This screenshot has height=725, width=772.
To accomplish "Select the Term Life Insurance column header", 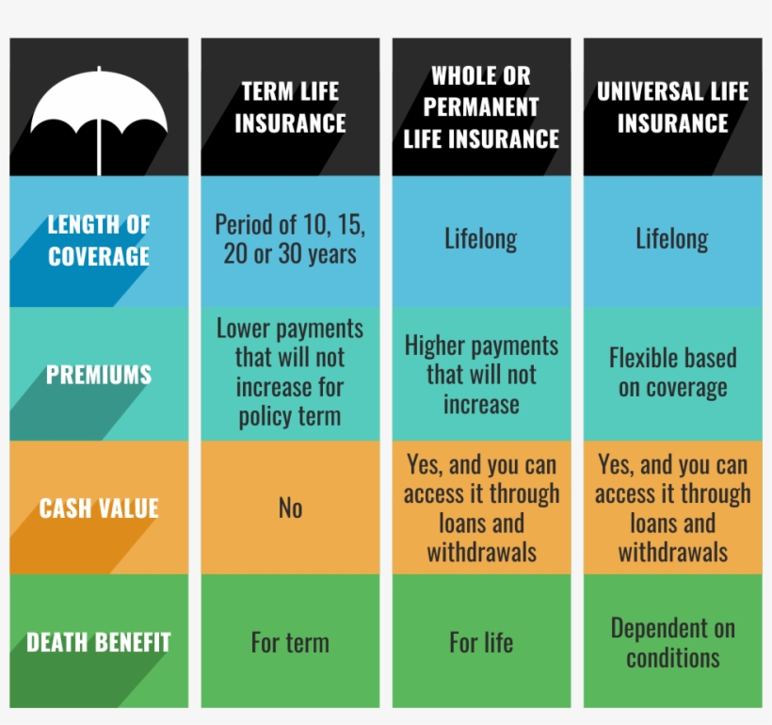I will point(290,107).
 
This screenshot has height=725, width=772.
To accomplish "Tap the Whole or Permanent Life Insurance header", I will point(481,107).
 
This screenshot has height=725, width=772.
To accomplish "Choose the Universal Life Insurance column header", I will point(672,107).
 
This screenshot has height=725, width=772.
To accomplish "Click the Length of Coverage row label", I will point(99,240).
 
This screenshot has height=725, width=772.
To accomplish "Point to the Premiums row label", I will point(99,375).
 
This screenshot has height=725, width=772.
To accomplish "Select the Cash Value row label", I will point(99,508).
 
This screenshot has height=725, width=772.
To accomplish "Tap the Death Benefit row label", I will point(99,643).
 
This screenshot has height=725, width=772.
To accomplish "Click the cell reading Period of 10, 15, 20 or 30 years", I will point(290,240).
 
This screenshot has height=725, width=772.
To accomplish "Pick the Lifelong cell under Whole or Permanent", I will point(481,240).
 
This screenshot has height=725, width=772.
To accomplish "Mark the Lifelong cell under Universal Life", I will point(672,240).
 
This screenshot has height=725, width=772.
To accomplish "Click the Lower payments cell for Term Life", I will point(290,373).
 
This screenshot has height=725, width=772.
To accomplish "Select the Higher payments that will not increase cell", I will point(481,375).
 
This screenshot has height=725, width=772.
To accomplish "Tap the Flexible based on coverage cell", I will point(672,373).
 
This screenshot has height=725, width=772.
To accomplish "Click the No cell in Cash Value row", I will point(290,508).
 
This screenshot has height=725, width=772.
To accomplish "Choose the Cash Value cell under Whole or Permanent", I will point(481,508).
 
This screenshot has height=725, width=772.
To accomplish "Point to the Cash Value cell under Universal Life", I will point(672,508).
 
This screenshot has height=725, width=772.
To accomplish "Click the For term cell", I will point(290,643).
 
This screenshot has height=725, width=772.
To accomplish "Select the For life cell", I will point(481,643).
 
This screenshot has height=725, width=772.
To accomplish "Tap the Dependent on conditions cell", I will point(672,643).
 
